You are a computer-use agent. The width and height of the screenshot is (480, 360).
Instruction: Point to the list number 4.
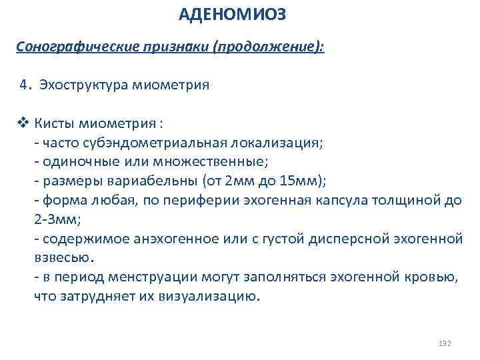coord(25,85)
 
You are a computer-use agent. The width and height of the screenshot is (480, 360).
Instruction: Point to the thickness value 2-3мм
coord(51,219)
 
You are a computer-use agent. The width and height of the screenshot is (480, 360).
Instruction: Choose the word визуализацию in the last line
coord(210,297)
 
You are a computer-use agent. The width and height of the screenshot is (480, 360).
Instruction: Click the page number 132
coord(445,343)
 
